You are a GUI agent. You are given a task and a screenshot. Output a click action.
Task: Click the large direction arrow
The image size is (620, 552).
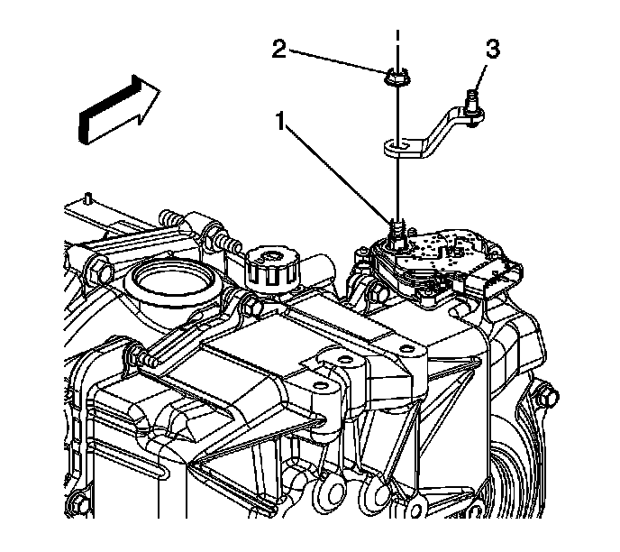pos(117,106)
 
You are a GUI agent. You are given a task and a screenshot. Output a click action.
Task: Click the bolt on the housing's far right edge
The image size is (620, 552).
pos(543,393)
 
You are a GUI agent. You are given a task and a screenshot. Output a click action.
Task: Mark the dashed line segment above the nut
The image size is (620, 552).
pos(396,45)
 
